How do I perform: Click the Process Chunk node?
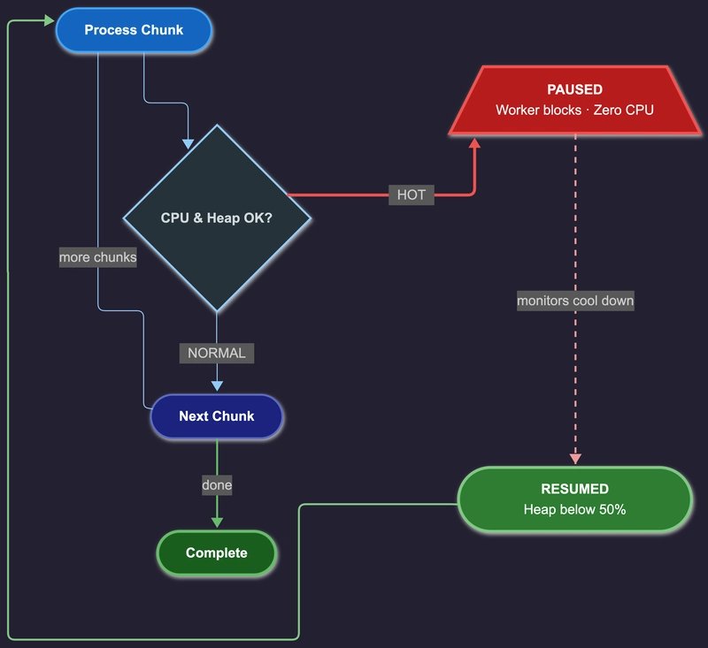pyautogui.click(x=134, y=30)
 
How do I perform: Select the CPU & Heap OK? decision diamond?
pyautogui.click(x=217, y=217)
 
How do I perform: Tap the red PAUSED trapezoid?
pyautogui.click(x=574, y=100)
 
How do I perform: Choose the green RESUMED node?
pyautogui.click(x=574, y=499)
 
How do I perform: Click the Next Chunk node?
pyautogui.click(x=217, y=416)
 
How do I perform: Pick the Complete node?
pyautogui.click(x=217, y=553)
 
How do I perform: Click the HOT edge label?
pyautogui.click(x=411, y=194)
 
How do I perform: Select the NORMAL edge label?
pyautogui.click(x=217, y=353)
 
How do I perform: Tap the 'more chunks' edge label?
pyautogui.click(x=97, y=257)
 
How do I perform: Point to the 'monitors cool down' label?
pyautogui.click(x=575, y=301)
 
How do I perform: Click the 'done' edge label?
pyautogui.click(x=217, y=485)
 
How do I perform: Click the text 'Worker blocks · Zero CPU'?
pyautogui.click(x=574, y=111)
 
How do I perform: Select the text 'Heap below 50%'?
pyautogui.click(x=574, y=509)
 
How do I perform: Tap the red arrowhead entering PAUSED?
pyautogui.click(x=475, y=142)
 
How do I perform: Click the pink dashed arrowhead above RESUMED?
pyautogui.click(x=575, y=458)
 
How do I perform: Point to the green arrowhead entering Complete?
pyautogui.click(x=217, y=522)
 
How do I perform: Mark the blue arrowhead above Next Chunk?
pyautogui.click(x=217, y=385)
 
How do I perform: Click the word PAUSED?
pyautogui.click(x=574, y=89)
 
